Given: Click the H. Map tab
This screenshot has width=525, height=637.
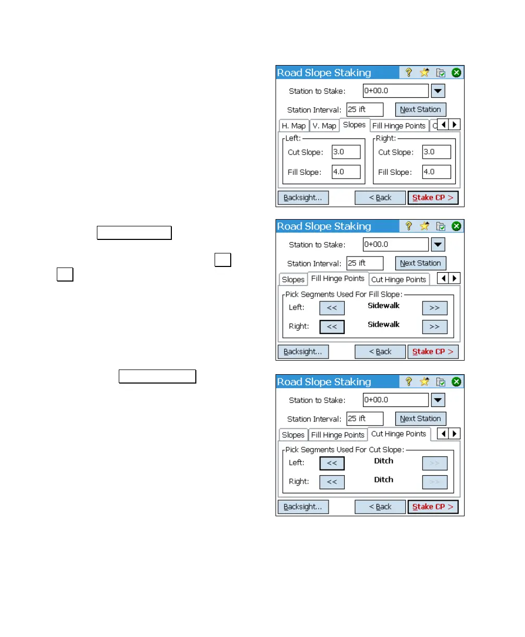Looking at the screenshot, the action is point(293,126).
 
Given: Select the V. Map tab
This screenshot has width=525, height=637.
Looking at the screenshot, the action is point(324,126).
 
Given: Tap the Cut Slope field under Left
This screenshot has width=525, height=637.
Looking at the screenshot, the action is point(346,152).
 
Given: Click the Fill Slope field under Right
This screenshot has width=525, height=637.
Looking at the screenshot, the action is point(436,172).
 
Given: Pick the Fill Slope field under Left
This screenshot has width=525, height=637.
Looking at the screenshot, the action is point(346,172).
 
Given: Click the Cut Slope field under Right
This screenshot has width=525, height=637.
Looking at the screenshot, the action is point(436,152).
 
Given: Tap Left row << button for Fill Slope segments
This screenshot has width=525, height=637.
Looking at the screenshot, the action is point(332,308).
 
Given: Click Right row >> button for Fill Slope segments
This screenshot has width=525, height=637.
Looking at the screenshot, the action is point(434,326).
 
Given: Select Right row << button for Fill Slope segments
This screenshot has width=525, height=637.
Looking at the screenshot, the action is point(332,326).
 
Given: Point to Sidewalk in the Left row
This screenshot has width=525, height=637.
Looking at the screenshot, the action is point(383,305).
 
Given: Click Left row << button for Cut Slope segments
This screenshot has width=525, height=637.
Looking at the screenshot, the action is point(332,463).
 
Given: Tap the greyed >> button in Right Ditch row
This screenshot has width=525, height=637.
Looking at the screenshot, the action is point(434,481).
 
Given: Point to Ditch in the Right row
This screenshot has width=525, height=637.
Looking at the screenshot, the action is point(383,480).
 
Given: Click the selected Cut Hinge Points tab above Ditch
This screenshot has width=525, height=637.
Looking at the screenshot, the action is point(398,434).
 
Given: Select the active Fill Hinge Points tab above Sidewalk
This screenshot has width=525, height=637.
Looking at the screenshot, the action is point(337,278).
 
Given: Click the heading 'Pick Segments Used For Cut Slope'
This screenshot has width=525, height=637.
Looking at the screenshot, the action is point(344,450).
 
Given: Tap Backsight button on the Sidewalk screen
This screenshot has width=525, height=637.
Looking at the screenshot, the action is point(303,352).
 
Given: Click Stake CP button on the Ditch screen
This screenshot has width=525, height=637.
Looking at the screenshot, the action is point(432,507).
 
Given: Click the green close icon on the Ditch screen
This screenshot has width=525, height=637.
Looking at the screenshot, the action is point(456,382).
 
